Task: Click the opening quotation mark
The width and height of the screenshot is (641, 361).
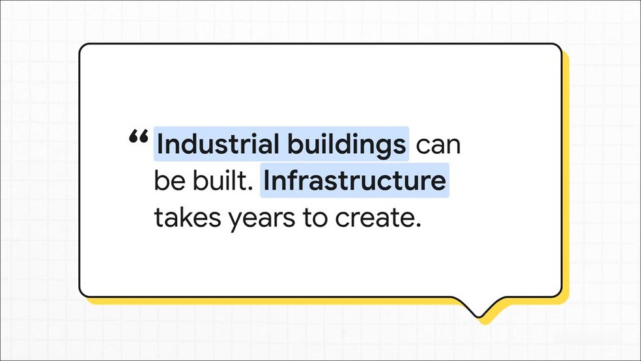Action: [138, 137]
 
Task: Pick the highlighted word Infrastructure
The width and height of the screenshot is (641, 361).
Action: [354, 180]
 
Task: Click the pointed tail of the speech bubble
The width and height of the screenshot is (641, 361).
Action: [478, 316]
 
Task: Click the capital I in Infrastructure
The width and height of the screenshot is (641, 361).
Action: [266, 180]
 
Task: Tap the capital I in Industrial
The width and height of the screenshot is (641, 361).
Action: [160, 144]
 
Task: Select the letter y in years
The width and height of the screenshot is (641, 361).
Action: [235, 222]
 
